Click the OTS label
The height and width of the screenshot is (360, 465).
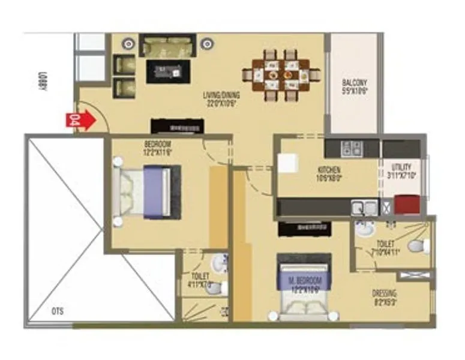tap(57, 311)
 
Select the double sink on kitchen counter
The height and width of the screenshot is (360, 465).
tap(364, 208)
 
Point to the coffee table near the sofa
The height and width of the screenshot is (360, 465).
tap(169, 71)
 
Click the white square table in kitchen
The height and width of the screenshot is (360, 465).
tap(287, 164)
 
